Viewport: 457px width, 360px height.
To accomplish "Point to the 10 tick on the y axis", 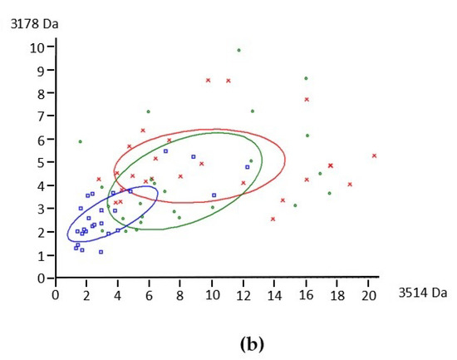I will coord(37,47).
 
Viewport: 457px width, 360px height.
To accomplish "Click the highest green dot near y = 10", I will coord(238,50).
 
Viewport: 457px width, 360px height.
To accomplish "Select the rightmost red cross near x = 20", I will coord(374,155).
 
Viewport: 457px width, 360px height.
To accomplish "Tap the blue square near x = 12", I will coord(247,167).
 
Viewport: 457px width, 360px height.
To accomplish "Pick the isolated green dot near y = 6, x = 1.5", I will coord(80,141).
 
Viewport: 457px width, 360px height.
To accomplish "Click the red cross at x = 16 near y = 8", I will coord(307,100).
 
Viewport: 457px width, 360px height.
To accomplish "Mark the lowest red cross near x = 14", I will coord(273,219).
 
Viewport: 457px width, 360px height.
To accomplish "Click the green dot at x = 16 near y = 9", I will coord(306,78).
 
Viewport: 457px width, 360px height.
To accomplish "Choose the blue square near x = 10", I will coord(214,195).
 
